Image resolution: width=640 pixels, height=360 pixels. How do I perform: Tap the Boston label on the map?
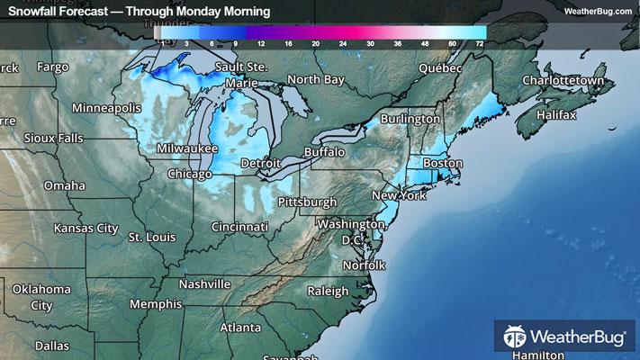442,164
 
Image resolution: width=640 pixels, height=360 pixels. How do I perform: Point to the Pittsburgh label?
307,201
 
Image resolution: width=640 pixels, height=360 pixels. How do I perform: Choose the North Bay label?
315,80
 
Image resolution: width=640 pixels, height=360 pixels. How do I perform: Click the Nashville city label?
205,283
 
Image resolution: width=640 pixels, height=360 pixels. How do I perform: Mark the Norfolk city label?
364,265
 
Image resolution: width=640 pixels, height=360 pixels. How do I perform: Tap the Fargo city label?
52,67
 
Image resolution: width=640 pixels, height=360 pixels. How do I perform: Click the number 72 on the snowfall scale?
480,42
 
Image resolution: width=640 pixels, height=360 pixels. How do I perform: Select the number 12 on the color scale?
261,42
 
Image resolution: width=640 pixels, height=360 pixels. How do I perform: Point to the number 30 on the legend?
370,42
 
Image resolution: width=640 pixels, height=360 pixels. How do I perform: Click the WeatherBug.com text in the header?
598,11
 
